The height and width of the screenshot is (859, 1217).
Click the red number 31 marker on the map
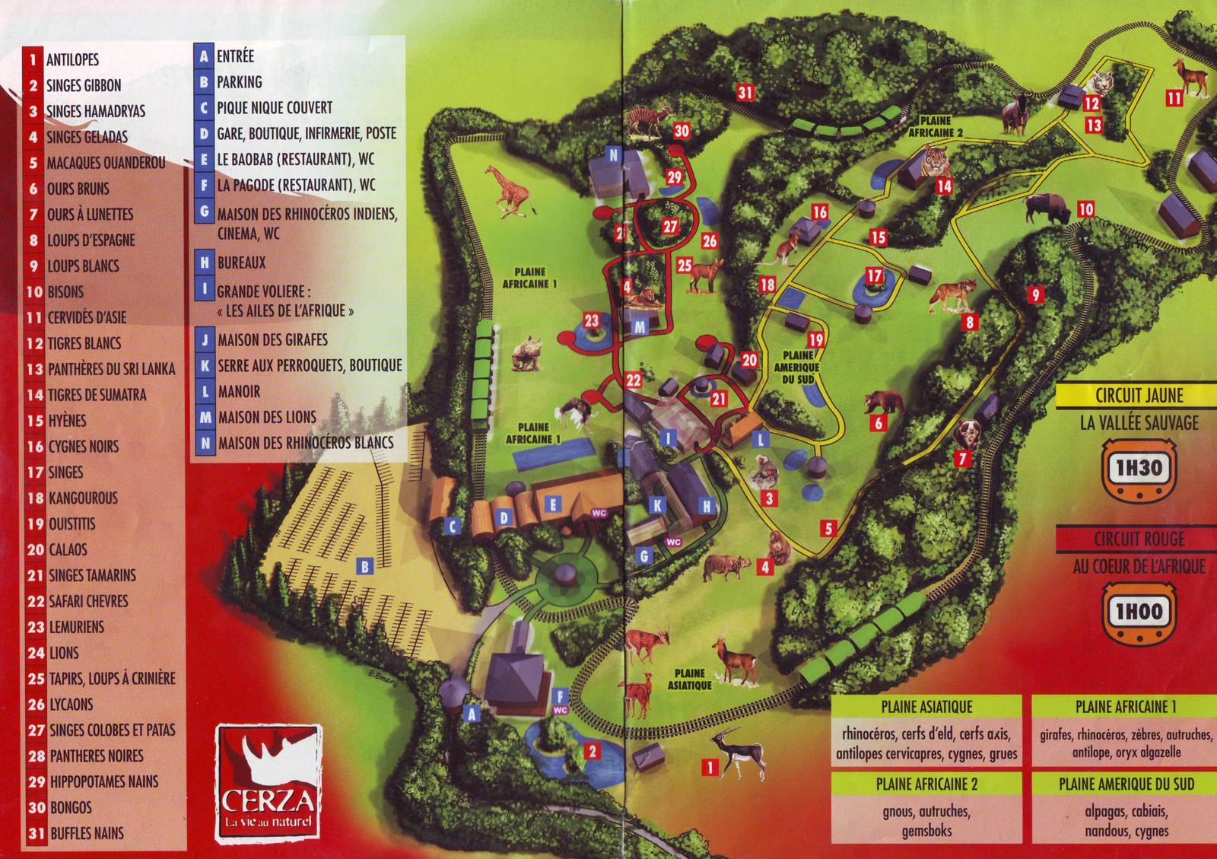pyautogui.click(x=745, y=93)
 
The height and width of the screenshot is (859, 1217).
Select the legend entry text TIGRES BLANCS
pyautogui.click(x=84, y=343)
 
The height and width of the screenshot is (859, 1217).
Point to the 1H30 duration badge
pyautogui.click(x=1138, y=467)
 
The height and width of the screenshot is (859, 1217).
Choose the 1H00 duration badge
pyautogui.click(x=1138, y=611)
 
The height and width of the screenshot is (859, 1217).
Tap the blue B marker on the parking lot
pyautogui.click(x=365, y=566)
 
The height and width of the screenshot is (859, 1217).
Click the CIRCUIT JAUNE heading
pyautogui.click(x=1139, y=396)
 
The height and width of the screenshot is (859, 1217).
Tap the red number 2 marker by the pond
pyautogui.click(x=592, y=752)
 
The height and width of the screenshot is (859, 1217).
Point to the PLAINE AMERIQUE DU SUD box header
pyautogui.click(x=1126, y=783)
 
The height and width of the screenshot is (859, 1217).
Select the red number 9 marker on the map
pyautogui.click(x=1034, y=294)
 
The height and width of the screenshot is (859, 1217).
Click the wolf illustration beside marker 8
pyautogui.click(x=947, y=295)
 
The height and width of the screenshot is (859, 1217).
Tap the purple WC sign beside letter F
pyautogui.click(x=561, y=710)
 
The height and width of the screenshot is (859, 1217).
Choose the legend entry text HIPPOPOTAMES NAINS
pyautogui.click(x=103, y=781)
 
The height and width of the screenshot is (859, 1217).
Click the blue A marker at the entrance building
pyautogui.click(x=472, y=714)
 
